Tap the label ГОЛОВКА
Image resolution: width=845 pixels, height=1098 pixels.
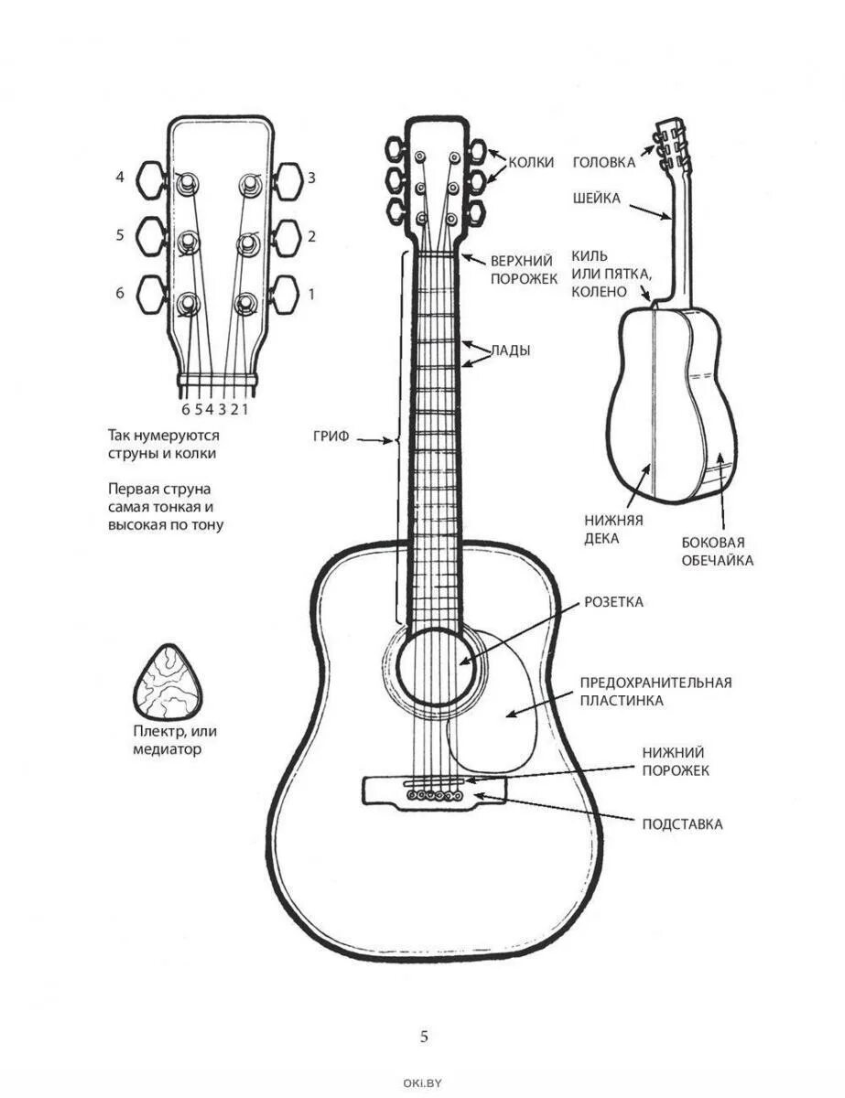[603, 162]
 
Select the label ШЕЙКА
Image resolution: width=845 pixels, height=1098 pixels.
[597, 198]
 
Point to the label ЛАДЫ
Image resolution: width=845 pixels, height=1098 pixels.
[510, 350]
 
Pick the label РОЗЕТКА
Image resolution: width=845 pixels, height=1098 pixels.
[613, 602]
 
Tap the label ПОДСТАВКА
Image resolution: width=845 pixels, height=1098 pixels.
[682, 824]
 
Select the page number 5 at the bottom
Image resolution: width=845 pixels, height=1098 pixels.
[423, 1037]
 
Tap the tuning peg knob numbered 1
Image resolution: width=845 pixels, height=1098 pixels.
[288, 295]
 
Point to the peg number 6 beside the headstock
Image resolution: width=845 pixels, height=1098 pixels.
[120, 294]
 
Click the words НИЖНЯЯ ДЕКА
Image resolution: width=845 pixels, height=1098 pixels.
[613, 529]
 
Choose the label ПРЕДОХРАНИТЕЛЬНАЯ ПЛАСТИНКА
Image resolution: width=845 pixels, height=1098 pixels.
[655, 691]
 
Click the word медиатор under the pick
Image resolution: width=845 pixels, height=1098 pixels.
[166, 749]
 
